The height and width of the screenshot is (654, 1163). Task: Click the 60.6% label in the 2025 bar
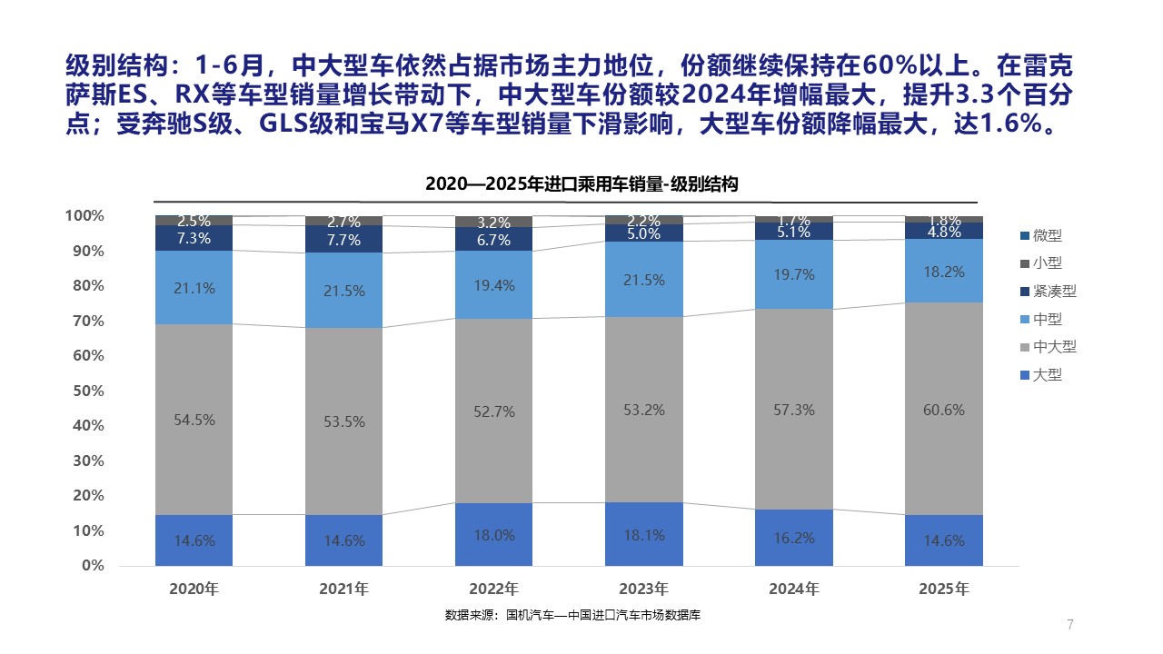tap(944, 410)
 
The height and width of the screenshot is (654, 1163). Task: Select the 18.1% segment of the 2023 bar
tap(644, 534)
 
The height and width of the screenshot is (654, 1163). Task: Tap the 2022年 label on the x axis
tap(493, 589)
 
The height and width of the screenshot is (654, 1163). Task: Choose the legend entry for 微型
tap(1048, 235)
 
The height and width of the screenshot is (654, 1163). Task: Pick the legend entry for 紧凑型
tap(1054, 292)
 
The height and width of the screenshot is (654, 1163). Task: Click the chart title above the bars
tap(581, 183)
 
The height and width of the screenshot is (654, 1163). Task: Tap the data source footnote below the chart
tap(572, 615)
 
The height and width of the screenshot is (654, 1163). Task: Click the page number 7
tap(1070, 624)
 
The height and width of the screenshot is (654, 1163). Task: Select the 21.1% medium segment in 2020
tap(194, 288)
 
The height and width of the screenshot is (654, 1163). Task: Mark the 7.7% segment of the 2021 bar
tap(343, 240)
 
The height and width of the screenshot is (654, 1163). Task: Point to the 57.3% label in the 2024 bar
tap(794, 410)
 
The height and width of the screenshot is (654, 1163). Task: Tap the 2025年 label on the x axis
tap(944, 589)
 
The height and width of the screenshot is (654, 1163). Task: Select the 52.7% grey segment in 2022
tap(493, 411)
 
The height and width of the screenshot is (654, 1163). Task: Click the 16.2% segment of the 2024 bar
tap(794, 537)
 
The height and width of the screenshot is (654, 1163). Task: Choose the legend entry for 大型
tap(1048, 374)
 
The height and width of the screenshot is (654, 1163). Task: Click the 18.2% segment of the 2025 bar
tap(944, 271)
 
